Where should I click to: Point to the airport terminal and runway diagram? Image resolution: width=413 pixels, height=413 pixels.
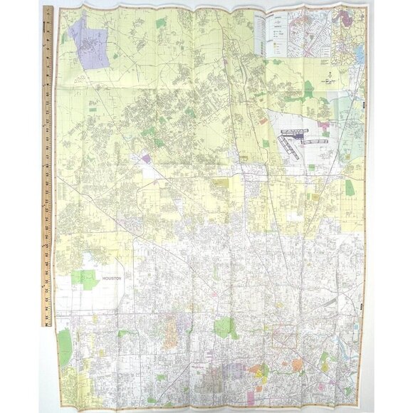click(x=296, y=142)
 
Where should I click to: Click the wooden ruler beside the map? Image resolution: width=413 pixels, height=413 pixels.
click(x=48, y=164)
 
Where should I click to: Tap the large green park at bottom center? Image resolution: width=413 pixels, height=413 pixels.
click(x=226, y=328)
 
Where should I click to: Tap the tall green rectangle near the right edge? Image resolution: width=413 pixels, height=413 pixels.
click(x=349, y=188)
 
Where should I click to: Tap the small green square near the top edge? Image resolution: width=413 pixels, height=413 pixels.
click(x=161, y=23)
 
